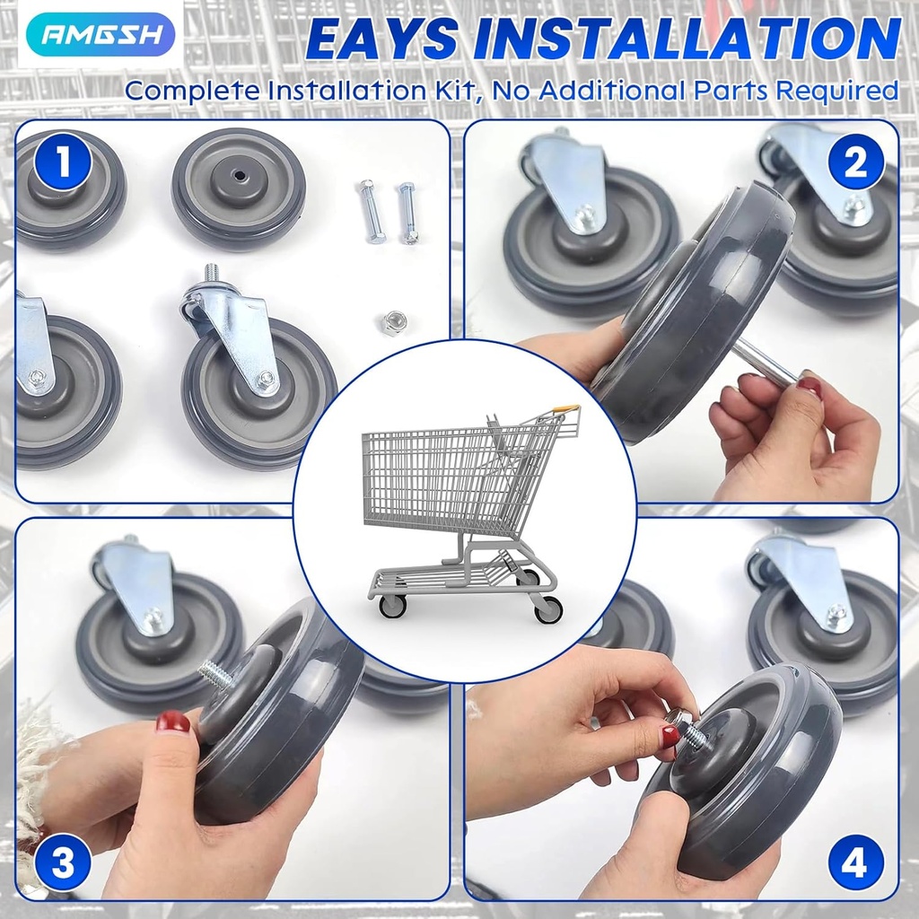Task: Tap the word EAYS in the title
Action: (x=382, y=39)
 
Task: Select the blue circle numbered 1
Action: (x=63, y=163)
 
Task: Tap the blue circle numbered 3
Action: (x=63, y=865)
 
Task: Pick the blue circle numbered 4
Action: (x=854, y=865)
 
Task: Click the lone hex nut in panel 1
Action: (x=391, y=322)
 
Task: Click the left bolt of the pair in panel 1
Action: (x=372, y=211)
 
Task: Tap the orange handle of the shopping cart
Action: (x=565, y=410)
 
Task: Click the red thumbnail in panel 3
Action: (x=172, y=721)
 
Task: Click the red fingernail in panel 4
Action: (x=670, y=736)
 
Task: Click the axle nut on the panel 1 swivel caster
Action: (x=266, y=380)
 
